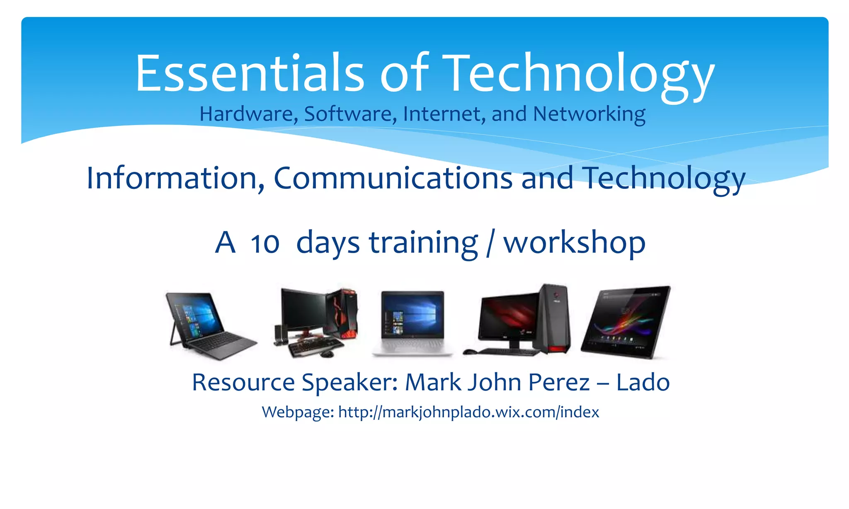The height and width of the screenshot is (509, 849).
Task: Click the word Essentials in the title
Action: point(249,74)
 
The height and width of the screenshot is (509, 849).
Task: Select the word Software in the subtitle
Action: point(347,114)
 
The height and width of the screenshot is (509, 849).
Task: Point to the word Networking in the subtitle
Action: point(589,114)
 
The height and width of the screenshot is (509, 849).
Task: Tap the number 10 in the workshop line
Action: point(265,244)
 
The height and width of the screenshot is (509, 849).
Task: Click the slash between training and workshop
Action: point(490,244)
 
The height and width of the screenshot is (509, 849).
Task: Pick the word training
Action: point(423,244)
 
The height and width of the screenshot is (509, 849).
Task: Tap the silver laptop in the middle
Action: point(412,323)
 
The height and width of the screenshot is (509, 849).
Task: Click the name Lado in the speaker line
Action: point(643,382)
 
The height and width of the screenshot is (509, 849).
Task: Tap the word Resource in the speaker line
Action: point(243,382)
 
